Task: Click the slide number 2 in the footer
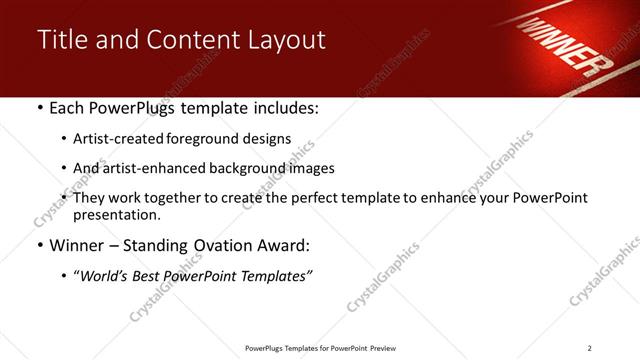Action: [590, 347]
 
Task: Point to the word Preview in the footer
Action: [385, 347]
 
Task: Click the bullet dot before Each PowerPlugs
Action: [39, 108]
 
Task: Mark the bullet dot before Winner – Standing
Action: [39, 246]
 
